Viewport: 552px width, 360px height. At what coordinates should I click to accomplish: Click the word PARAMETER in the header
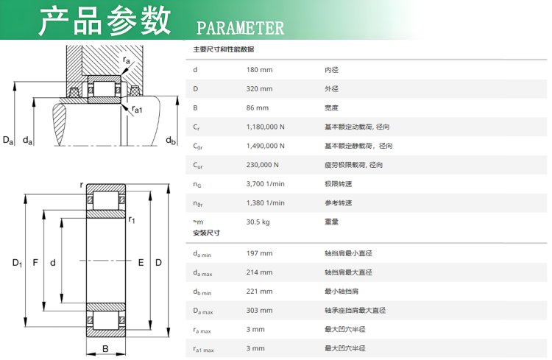coord(240,28)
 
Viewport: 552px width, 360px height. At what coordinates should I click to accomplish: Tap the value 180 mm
coord(260,70)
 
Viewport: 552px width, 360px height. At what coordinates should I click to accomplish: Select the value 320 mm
coord(260,89)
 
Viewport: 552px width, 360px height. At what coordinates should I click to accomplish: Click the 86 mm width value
coord(258,107)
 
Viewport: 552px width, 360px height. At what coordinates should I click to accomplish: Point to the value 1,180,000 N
coord(266,127)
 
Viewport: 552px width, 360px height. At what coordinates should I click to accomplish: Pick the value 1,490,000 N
coord(266,146)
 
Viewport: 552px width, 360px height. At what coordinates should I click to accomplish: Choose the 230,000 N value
coord(262,165)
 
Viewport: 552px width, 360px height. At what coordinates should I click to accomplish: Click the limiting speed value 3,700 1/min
coord(266,184)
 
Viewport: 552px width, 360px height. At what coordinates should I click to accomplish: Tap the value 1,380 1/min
coord(266,203)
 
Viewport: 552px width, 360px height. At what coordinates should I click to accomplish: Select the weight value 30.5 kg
coord(258,222)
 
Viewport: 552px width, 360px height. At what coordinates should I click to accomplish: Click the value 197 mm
coord(260,253)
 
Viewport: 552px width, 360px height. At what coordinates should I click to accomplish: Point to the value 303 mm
coord(260,311)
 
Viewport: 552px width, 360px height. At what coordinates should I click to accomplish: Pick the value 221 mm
coord(260,292)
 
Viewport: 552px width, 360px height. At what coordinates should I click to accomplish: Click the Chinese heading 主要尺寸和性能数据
coord(224,49)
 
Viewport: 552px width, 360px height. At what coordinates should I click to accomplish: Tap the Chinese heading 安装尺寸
coord(206,233)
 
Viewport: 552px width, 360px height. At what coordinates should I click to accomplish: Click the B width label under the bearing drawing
coord(105,349)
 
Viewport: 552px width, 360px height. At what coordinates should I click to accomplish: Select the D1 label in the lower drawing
coord(17,263)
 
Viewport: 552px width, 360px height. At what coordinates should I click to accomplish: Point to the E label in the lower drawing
coord(141,263)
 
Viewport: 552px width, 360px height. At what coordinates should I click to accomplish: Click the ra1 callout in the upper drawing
coord(138,109)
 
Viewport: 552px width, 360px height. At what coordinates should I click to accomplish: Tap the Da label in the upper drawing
coord(8,140)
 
